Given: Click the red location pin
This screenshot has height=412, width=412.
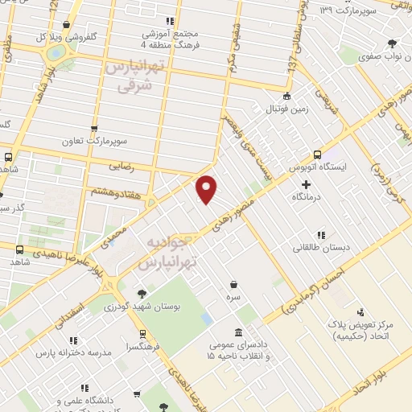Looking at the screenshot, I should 207,188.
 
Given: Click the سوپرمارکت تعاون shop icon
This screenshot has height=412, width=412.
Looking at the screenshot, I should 94,128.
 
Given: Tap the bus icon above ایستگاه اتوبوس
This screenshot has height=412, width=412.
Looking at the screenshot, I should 316,154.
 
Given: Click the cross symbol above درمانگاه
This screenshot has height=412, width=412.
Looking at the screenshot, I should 305,185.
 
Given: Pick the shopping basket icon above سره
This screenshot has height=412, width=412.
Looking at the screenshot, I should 233,284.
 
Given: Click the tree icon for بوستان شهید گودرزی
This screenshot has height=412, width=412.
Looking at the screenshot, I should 142,294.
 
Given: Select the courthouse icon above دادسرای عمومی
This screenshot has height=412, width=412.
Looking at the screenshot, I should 237,333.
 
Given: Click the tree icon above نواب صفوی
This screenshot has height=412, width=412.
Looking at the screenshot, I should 391,44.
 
